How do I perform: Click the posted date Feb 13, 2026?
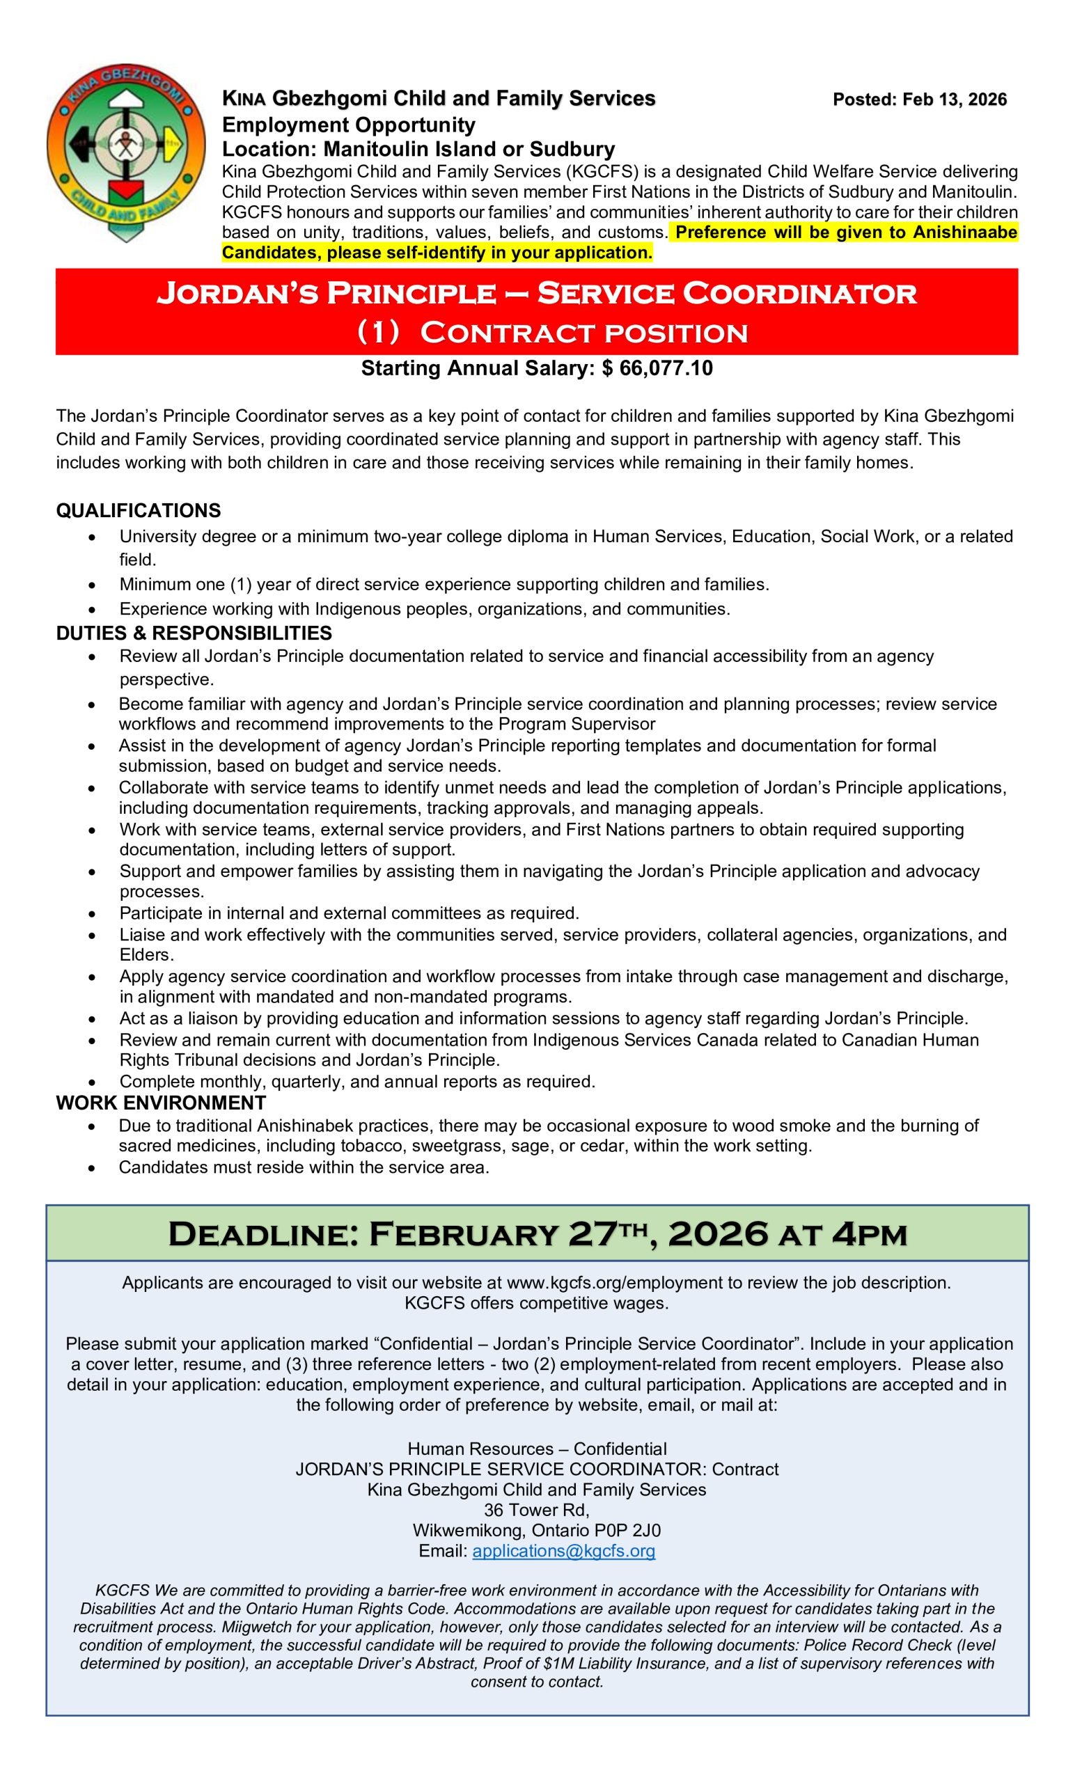[919, 100]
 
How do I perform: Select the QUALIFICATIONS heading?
[138, 511]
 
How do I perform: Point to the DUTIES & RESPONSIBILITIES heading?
[194, 633]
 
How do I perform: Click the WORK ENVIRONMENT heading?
[161, 1103]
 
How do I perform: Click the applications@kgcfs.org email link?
[563, 1551]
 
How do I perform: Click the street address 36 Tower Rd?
[537, 1510]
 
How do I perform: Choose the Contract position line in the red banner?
[583, 333]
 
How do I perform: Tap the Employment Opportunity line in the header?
[349, 125]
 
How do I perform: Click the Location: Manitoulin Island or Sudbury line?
[418, 150]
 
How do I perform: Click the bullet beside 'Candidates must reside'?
[91, 1168]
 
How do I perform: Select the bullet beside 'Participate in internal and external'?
[91, 913]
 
